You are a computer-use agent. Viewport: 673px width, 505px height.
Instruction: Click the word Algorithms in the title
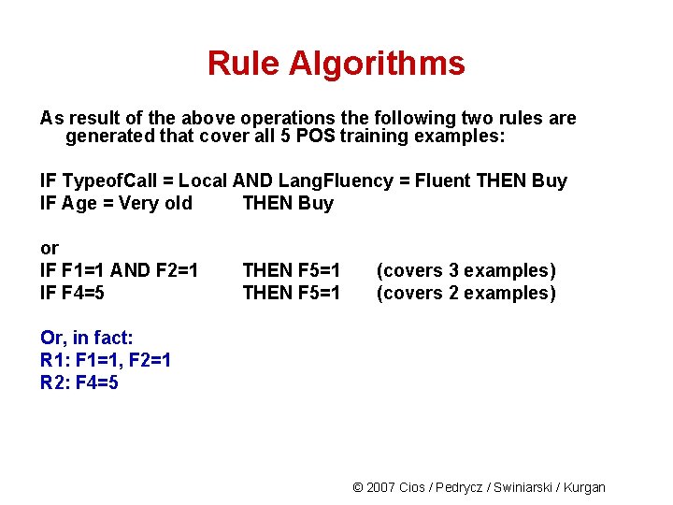(377, 64)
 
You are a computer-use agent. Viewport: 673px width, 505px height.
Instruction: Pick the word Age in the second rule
(77, 203)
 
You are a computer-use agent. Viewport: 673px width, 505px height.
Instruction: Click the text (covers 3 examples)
(465, 270)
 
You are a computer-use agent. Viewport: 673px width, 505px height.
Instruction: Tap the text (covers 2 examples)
(465, 293)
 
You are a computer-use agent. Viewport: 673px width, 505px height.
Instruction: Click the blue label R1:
(54, 359)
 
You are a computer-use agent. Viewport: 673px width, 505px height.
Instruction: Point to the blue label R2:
(54, 382)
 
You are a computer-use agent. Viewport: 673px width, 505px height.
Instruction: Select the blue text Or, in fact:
(87, 337)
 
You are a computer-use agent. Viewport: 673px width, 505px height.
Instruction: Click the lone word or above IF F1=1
(50, 248)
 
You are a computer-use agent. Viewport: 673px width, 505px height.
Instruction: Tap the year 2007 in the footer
(380, 487)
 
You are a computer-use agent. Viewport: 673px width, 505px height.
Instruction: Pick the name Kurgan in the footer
(585, 487)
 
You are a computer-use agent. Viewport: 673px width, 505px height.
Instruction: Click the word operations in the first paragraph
(287, 119)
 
